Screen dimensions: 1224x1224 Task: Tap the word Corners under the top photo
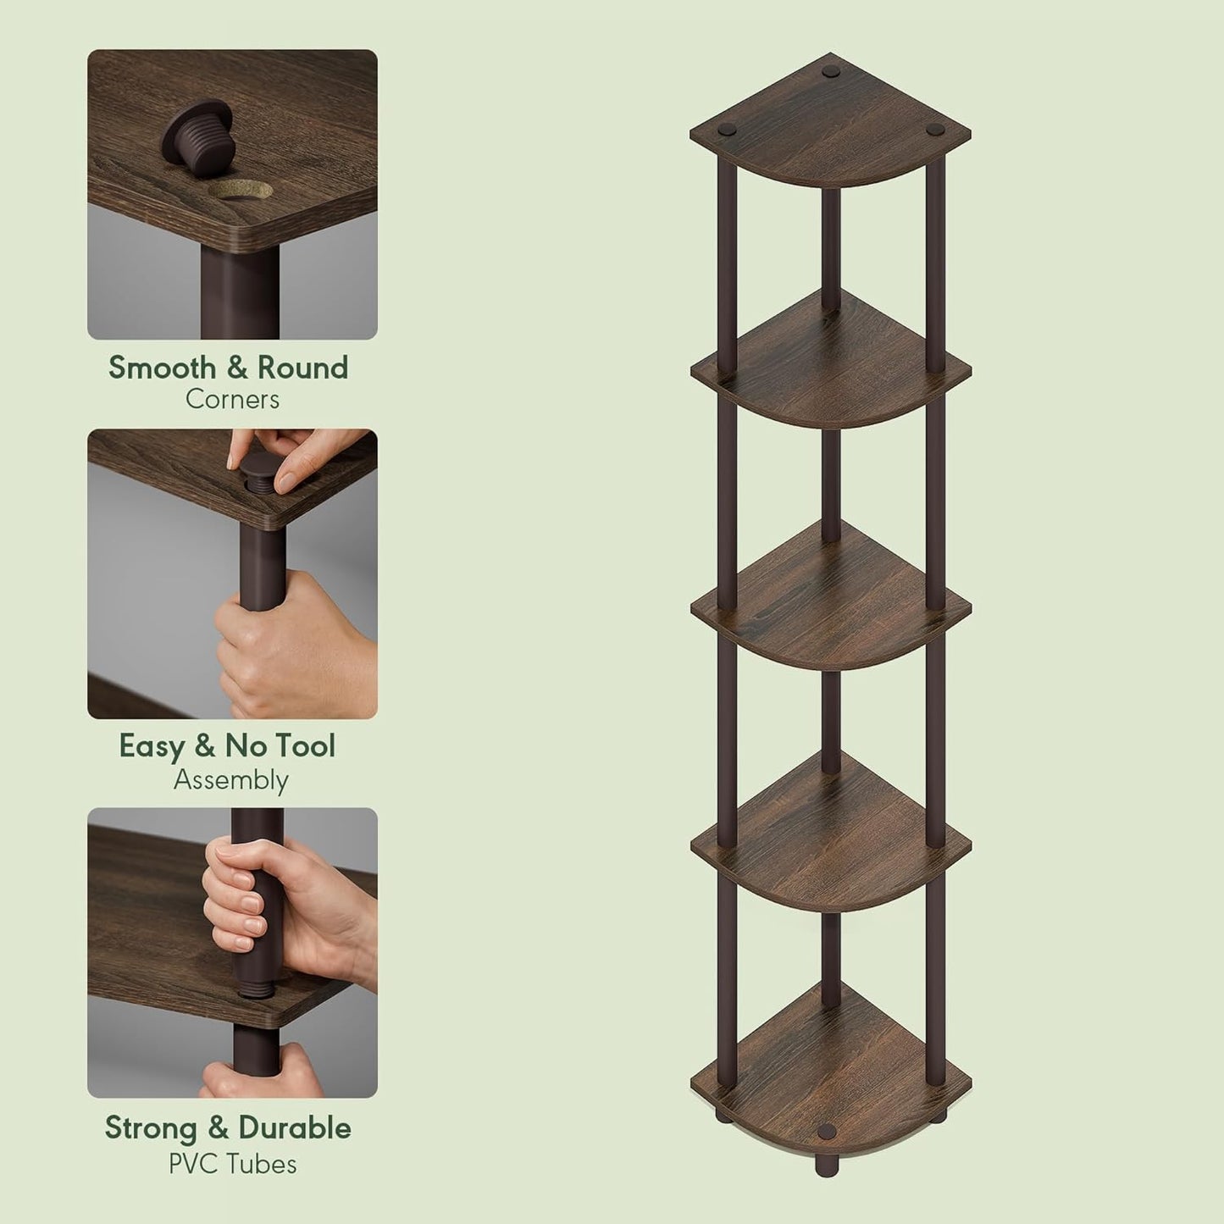point(232,400)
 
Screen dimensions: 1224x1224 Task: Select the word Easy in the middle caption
point(152,746)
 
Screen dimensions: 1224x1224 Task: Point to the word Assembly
point(230,780)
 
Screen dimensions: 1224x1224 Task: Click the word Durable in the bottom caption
point(294,1128)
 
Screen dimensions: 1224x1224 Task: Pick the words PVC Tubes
point(232,1165)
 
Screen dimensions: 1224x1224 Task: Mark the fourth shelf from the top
point(830,834)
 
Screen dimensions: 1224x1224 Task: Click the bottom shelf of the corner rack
point(830,1072)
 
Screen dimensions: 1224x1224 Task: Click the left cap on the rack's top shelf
point(727,131)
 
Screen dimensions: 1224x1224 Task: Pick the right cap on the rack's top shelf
point(935,130)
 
